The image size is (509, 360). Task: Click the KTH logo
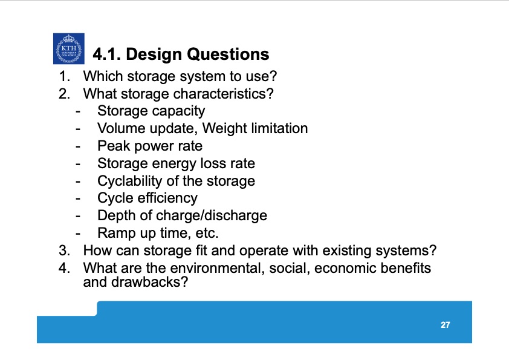(68, 48)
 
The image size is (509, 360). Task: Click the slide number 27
(445, 325)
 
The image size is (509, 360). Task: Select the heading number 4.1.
(108, 54)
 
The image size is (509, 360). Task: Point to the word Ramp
(114, 233)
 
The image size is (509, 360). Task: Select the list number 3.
(63, 250)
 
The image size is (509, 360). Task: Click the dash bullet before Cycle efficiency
(78, 198)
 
